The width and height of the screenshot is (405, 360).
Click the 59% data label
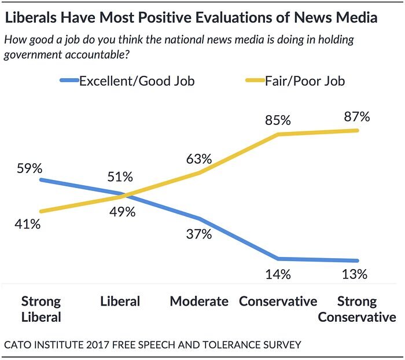[x=30, y=169]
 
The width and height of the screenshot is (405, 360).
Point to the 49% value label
[x=123, y=212]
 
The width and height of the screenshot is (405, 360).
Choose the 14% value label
[x=278, y=274]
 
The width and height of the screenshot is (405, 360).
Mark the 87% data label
[x=356, y=117]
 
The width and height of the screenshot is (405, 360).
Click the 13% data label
[x=354, y=274]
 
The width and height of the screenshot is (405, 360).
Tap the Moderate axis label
[x=198, y=302]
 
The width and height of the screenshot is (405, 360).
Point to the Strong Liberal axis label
[x=41, y=309]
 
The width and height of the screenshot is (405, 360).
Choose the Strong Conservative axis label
[x=356, y=309]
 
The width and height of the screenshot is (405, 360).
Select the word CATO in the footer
[x=20, y=345]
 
